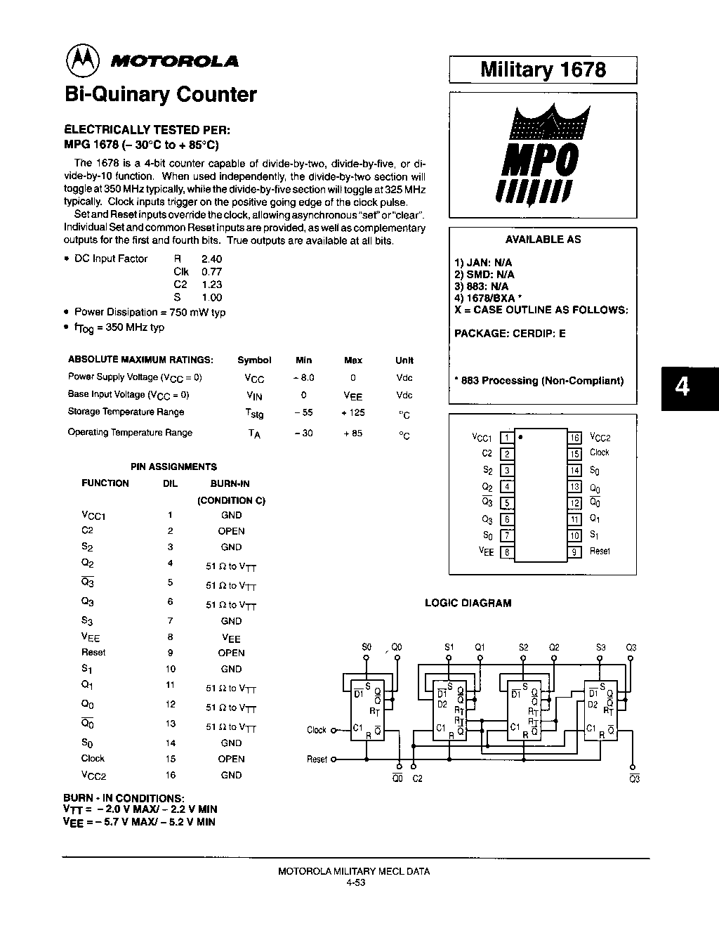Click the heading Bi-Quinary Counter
[x=160, y=95]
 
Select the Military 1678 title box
[x=543, y=70]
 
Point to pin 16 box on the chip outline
[x=574, y=438]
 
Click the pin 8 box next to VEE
[x=505, y=552]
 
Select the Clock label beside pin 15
[x=599, y=452]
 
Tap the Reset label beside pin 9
[x=600, y=552]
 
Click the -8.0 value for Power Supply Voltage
[x=303, y=377]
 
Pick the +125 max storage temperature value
[x=353, y=412]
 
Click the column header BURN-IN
[x=230, y=483]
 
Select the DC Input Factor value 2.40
[x=211, y=259]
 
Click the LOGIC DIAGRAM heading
[x=468, y=603]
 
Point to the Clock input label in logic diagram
[x=317, y=730]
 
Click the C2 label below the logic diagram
[x=418, y=778]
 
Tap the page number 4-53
[x=355, y=883]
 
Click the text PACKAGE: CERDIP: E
[x=510, y=334]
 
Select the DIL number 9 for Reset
[x=170, y=653]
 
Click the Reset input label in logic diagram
[x=317, y=759]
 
